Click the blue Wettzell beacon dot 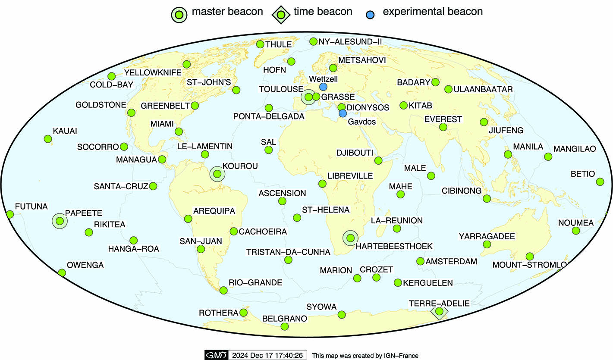pyautogui.click(x=323, y=87)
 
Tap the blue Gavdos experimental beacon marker pyautogui.click(x=343, y=113)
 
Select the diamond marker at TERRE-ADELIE pyautogui.click(x=439, y=311)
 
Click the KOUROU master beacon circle pyautogui.click(x=217, y=174)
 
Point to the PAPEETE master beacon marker pyautogui.click(x=60, y=221)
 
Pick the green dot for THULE pyautogui.click(x=260, y=44)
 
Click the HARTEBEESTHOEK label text pyautogui.click(x=394, y=246)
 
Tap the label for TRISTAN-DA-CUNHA pyautogui.click(x=288, y=252)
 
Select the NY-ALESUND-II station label pyautogui.click(x=350, y=41)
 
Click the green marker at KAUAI pyautogui.click(x=48, y=139)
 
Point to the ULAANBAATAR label pyautogui.click(x=483, y=89)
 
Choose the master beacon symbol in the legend pyautogui.click(x=179, y=15)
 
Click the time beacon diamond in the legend pyautogui.click(x=281, y=15)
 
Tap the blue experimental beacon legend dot pyautogui.click(x=370, y=15)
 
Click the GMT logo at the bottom pyautogui.click(x=216, y=355)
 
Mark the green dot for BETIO pyautogui.click(x=600, y=182)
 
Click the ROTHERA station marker pyautogui.click(x=243, y=313)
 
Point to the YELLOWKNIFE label pyautogui.click(x=153, y=72)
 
